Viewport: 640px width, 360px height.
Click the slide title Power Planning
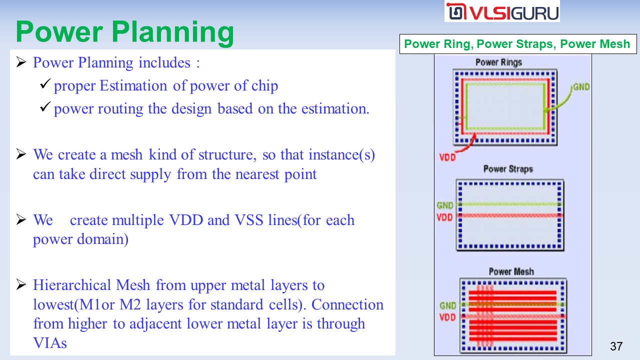(x=125, y=31)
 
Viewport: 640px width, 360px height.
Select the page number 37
(x=616, y=346)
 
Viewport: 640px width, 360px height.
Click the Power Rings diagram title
(x=498, y=62)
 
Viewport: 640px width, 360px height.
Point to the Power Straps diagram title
(x=508, y=169)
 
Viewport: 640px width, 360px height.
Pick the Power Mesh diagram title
(x=511, y=271)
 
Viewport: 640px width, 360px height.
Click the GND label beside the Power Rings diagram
(x=581, y=87)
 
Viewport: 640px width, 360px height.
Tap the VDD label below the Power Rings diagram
(x=447, y=157)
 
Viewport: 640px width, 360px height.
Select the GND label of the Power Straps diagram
(x=445, y=205)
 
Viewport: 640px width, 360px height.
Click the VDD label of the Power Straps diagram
(x=444, y=217)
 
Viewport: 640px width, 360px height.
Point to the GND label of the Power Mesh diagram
(x=447, y=305)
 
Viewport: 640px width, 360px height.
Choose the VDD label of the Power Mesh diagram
(x=447, y=317)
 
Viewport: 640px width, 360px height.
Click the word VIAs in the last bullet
(x=50, y=343)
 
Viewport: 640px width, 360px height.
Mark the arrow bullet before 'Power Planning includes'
(x=21, y=63)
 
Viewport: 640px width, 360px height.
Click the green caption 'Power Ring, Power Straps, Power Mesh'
(x=517, y=44)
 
